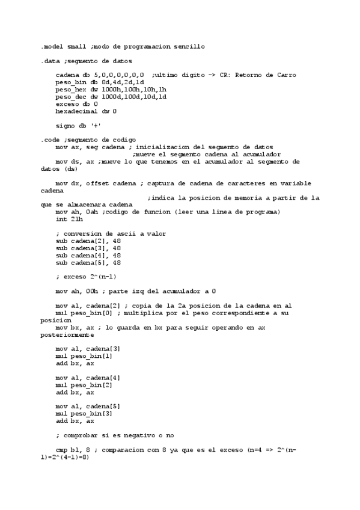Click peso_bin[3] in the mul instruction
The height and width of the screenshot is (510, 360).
92,414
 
